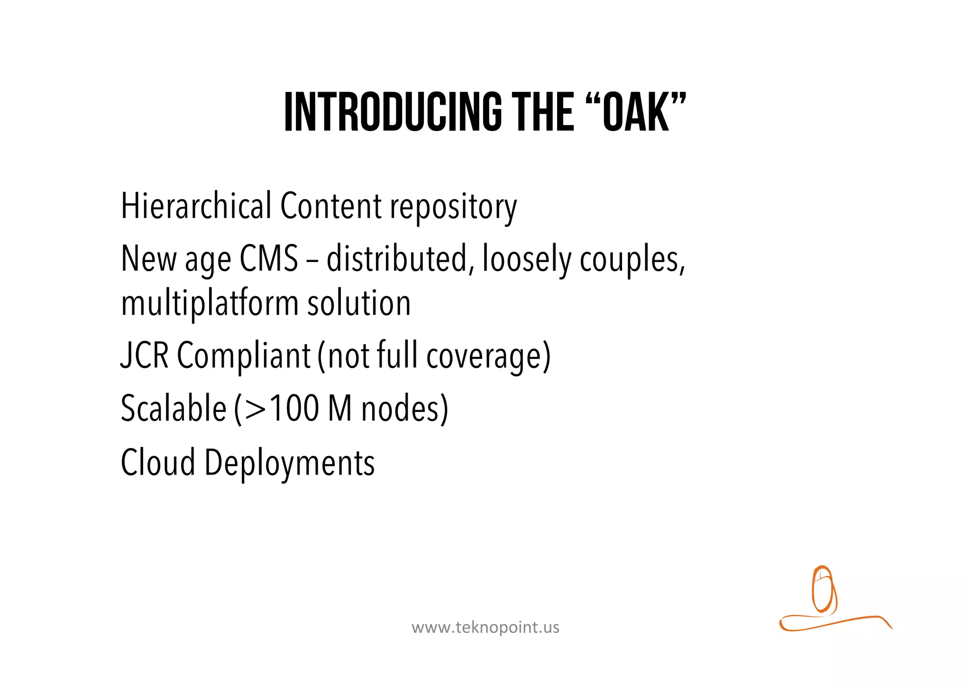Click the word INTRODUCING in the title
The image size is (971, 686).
(x=393, y=112)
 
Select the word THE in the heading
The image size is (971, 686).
(x=545, y=112)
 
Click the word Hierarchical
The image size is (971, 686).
(x=196, y=207)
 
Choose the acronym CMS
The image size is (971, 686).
(x=269, y=259)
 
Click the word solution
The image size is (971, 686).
(x=359, y=303)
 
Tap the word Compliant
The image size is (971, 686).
(x=244, y=357)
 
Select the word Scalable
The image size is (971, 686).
(x=174, y=409)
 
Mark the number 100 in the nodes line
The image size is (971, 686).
(x=294, y=409)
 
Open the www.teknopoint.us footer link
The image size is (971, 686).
(x=485, y=628)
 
